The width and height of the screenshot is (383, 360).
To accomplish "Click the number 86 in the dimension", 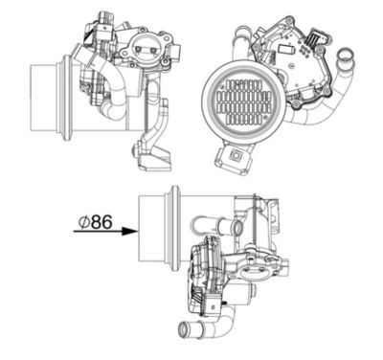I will [x=102, y=222].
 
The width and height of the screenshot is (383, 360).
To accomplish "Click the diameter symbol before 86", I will [x=85, y=222].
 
